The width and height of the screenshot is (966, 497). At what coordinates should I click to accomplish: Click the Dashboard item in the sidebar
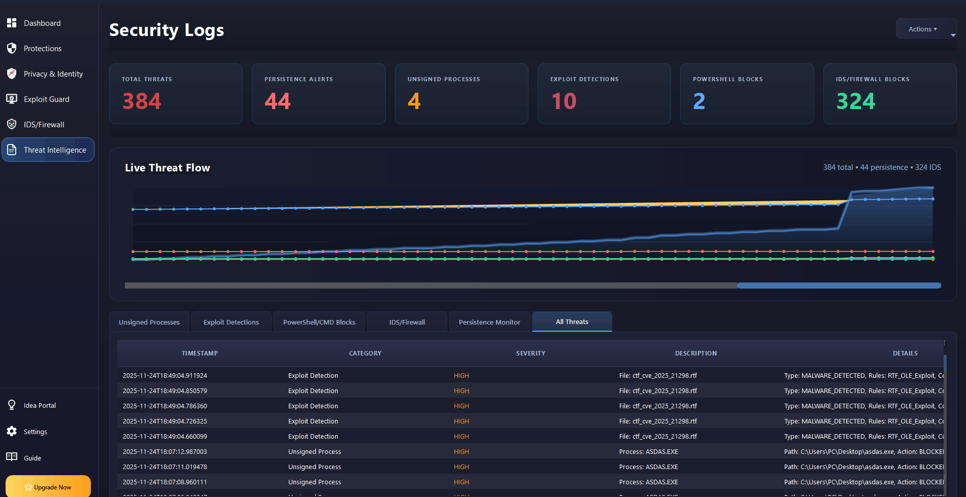point(42,23)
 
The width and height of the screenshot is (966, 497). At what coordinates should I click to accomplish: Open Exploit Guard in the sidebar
point(46,99)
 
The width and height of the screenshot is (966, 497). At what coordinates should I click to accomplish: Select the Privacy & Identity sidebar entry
point(53,74)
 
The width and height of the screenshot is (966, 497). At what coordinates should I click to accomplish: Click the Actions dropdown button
point(922,29)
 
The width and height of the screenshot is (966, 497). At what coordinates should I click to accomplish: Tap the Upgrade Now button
point(48,487)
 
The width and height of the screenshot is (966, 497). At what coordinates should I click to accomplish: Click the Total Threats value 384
point(142,101)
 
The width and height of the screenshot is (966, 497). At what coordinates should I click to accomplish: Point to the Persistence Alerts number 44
point(278,101)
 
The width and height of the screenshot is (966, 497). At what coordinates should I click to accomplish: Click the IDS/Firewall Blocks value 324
point(856,101)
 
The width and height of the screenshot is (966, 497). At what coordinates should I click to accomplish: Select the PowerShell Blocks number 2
point(699,101)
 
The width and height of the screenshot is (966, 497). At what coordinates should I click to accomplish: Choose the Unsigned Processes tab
point(149,323)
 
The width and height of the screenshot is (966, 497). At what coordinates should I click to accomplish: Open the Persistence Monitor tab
point(489,323)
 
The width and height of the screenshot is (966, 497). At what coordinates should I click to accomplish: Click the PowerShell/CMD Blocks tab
point(319,323)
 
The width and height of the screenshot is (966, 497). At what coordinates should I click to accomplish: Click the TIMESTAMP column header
point(199,353)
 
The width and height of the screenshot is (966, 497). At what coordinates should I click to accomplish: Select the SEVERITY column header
point(530,353)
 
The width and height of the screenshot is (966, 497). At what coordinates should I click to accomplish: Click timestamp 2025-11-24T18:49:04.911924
point(165,376)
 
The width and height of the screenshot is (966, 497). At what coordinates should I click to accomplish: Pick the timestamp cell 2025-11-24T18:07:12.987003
point(165,452)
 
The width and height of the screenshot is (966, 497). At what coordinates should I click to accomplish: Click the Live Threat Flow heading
point(168,168)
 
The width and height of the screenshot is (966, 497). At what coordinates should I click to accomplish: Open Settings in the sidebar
point(35,432)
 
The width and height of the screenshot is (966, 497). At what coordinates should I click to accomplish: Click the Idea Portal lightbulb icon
point(12,405)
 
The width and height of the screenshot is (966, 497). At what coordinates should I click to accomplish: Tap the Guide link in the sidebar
point(32,458)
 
